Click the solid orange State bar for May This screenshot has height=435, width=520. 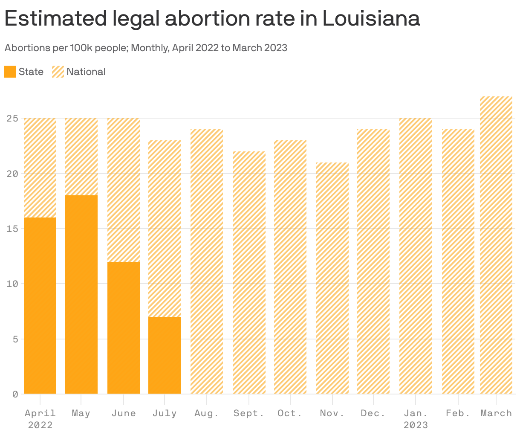click(x=81, y=294)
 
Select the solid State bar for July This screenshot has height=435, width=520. click(x=165, y=355)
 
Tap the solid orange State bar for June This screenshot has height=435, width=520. click(x=124, y=328)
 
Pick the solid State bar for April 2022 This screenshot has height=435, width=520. click(x=40, y=305)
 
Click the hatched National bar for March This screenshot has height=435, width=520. click(x=496, y=245)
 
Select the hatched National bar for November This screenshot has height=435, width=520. click(x=332, y=278)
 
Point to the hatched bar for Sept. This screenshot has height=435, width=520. click(x=249, y=273)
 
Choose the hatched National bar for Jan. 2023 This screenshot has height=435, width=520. click(x=416, y=256)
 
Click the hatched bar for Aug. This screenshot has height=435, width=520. click(x=207, y=261)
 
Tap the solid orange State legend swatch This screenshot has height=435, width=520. click(x=10, y=72)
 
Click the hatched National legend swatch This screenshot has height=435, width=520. click(x=58, y=72)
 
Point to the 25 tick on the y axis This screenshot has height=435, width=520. click(x=12, y=119)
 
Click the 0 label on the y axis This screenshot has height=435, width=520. click(x=15, y=394)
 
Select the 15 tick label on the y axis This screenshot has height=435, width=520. click(x=12, y=229)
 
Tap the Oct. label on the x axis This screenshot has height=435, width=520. click(x=290, y=413)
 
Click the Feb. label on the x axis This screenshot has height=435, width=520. click(x=458, y=413)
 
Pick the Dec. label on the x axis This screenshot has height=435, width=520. click(x=373, y=413)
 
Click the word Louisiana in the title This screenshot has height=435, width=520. click(x=371, y=19)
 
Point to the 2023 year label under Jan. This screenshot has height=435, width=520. click(x=416, y=425)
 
